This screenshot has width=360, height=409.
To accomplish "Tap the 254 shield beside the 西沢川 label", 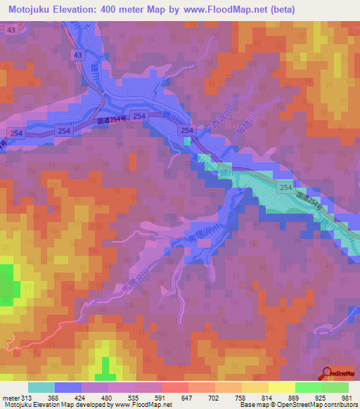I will (x=186, y=131).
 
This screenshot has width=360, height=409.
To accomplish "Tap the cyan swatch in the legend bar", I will (x=41, y=387).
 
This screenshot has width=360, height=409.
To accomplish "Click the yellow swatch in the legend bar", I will (x=281, y=387).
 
